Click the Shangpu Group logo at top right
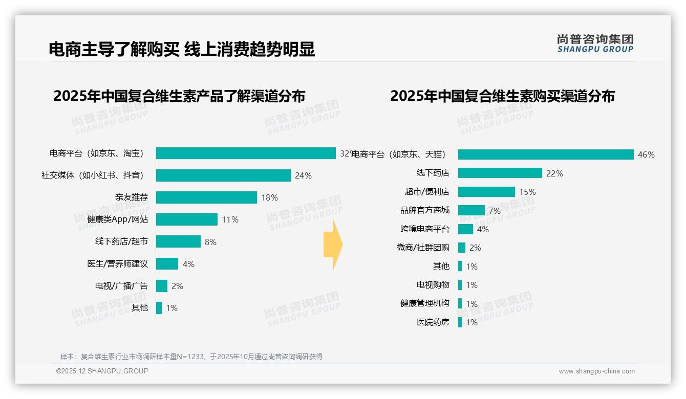coord(595,43)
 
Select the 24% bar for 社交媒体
coord(223,175)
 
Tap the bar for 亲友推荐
coord(206,197)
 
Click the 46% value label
coord(646,154)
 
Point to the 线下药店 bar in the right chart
coord(500,173)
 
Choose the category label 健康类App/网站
coord(117,219)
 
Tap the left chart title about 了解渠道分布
coord(179,96)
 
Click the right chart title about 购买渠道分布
coord(502,96)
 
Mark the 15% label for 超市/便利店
coord(527,192)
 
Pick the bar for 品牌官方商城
coord(471,210)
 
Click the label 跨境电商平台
coord(424,229)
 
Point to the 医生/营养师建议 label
coord(117,264)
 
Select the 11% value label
coord(230,219)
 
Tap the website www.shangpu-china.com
coord(596,371)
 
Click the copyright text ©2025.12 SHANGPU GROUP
coord(102,371)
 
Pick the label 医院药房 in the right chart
coord(433,322)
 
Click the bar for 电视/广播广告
coord(162,286)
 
